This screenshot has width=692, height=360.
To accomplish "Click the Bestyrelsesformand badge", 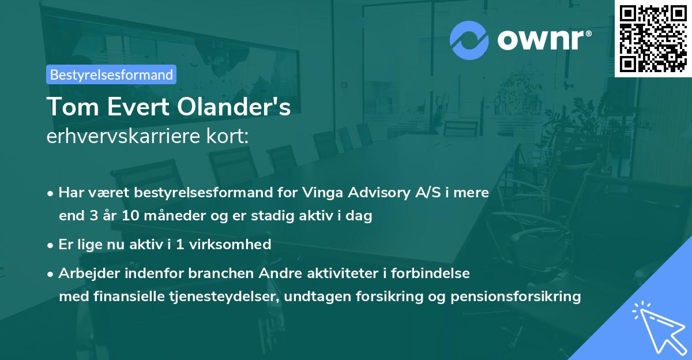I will click(111, 74).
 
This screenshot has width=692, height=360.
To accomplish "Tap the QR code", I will click(653, 38).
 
